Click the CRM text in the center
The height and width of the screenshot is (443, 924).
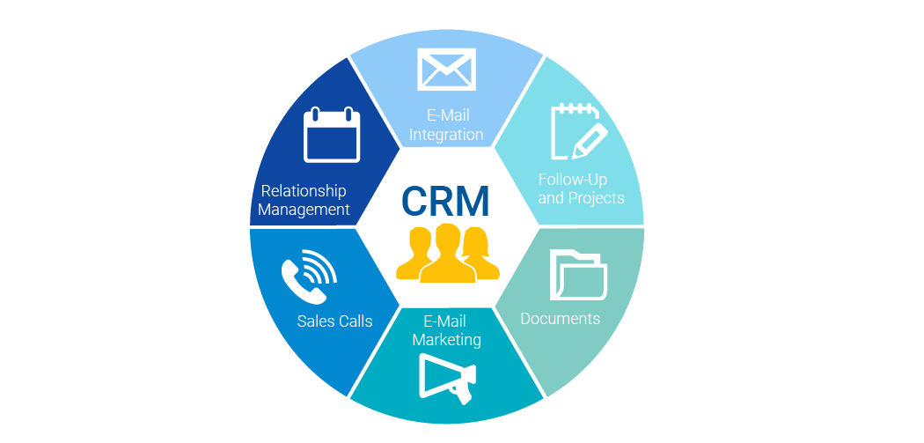coord(445,202)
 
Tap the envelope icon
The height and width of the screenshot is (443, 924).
coord(446,70)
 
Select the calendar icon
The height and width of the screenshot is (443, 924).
coord(331,135)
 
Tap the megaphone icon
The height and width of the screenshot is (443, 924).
coord(448,377)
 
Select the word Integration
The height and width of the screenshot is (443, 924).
coord(446,135)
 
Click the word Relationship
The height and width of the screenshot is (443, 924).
coord(304,191)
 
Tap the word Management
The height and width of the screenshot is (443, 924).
coord(304,210)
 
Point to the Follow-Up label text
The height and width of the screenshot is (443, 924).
coord(573,179)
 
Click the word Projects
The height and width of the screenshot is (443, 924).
coord(597,197)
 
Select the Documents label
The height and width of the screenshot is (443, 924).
coord(561,318)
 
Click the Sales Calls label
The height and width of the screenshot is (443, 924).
coord(334,321)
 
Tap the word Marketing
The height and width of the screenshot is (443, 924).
coord(447,339)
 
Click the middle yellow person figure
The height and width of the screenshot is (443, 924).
coord(447,255)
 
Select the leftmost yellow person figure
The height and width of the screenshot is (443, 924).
coord(414,255)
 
